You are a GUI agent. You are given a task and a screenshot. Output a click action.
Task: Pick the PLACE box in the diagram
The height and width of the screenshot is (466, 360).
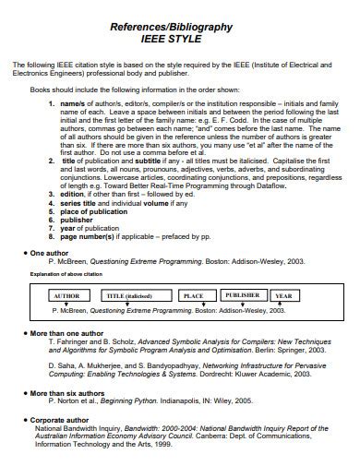click(193, 295)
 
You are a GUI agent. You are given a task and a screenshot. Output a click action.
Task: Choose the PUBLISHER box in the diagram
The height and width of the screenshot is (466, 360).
click(242, 295)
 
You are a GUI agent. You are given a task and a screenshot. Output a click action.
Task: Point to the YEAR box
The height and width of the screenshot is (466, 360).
click(283, 295)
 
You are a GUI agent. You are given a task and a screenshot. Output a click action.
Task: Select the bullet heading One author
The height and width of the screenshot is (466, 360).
click(50, 252)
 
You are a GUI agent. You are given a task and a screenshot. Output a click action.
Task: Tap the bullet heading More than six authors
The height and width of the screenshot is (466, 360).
click(69, 393)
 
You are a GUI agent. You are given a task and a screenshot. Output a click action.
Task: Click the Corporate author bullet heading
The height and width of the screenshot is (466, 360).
click(62, 419)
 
